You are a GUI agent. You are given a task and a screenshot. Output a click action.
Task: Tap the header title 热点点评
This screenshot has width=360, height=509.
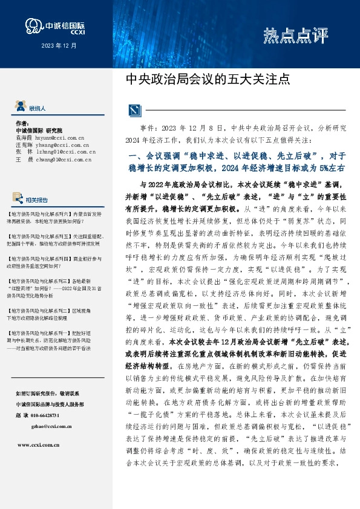pos(295,36)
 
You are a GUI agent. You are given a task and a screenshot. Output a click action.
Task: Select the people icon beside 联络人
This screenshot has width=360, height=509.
pos(20,108)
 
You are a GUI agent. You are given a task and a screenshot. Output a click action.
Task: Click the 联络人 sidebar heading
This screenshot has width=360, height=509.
pos(38,108)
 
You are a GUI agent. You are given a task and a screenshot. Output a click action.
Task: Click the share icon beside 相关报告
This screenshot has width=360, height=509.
pos(19,198)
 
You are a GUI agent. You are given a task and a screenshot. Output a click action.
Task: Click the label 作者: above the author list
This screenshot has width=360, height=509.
pos(22,123)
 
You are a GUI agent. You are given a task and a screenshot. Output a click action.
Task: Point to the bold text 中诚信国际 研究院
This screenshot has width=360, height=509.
pos(43,130)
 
